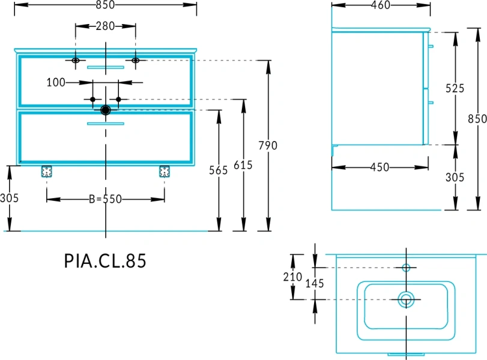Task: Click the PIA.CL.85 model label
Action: coord(105,260)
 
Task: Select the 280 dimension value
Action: coord(105,26)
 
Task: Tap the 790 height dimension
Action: coord(268,145)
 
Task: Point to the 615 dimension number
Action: coord(243,165)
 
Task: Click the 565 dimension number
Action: coord(219,170)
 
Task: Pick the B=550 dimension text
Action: coord(105,199)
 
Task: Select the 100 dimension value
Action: coord(56,83)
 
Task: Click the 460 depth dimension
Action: coord(381,5)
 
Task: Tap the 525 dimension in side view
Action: coord(455,88)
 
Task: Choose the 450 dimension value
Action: coord(380,167)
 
